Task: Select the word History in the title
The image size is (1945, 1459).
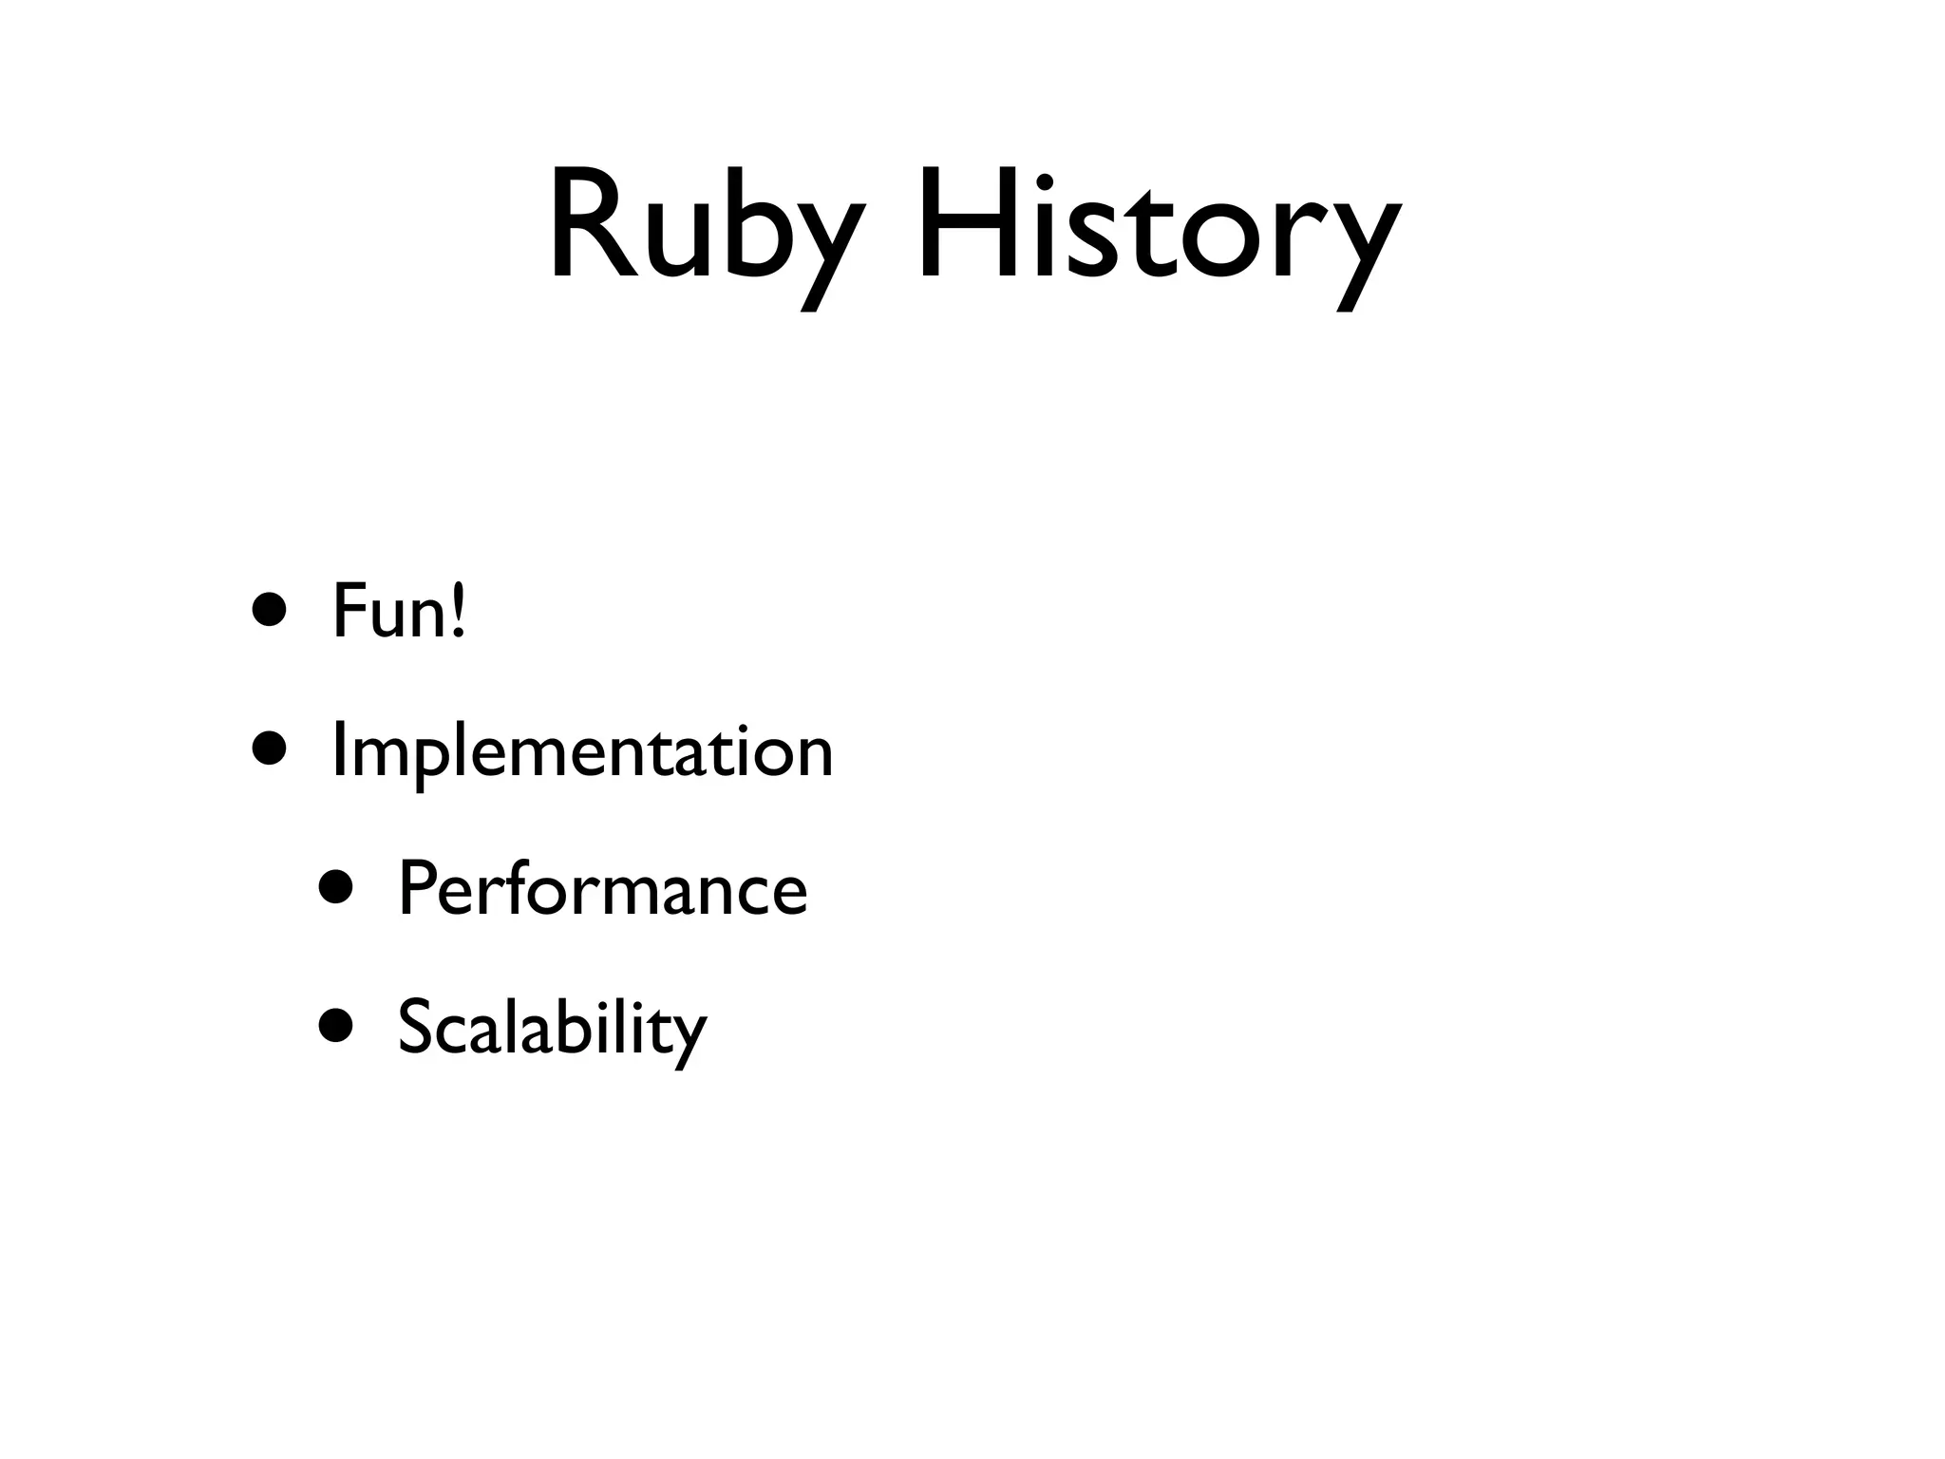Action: pyautogui.click(x=1159, y=228)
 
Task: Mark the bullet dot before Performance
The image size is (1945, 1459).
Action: pyautogui.click(x=336, y=888)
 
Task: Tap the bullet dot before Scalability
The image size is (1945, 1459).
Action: pyautogui.click(x=336, y=1026)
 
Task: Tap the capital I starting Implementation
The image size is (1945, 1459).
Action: pyautogui.click(x=338, y=749)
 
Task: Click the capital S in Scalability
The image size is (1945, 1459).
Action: pyautogui.click(x=416, y=1026)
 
